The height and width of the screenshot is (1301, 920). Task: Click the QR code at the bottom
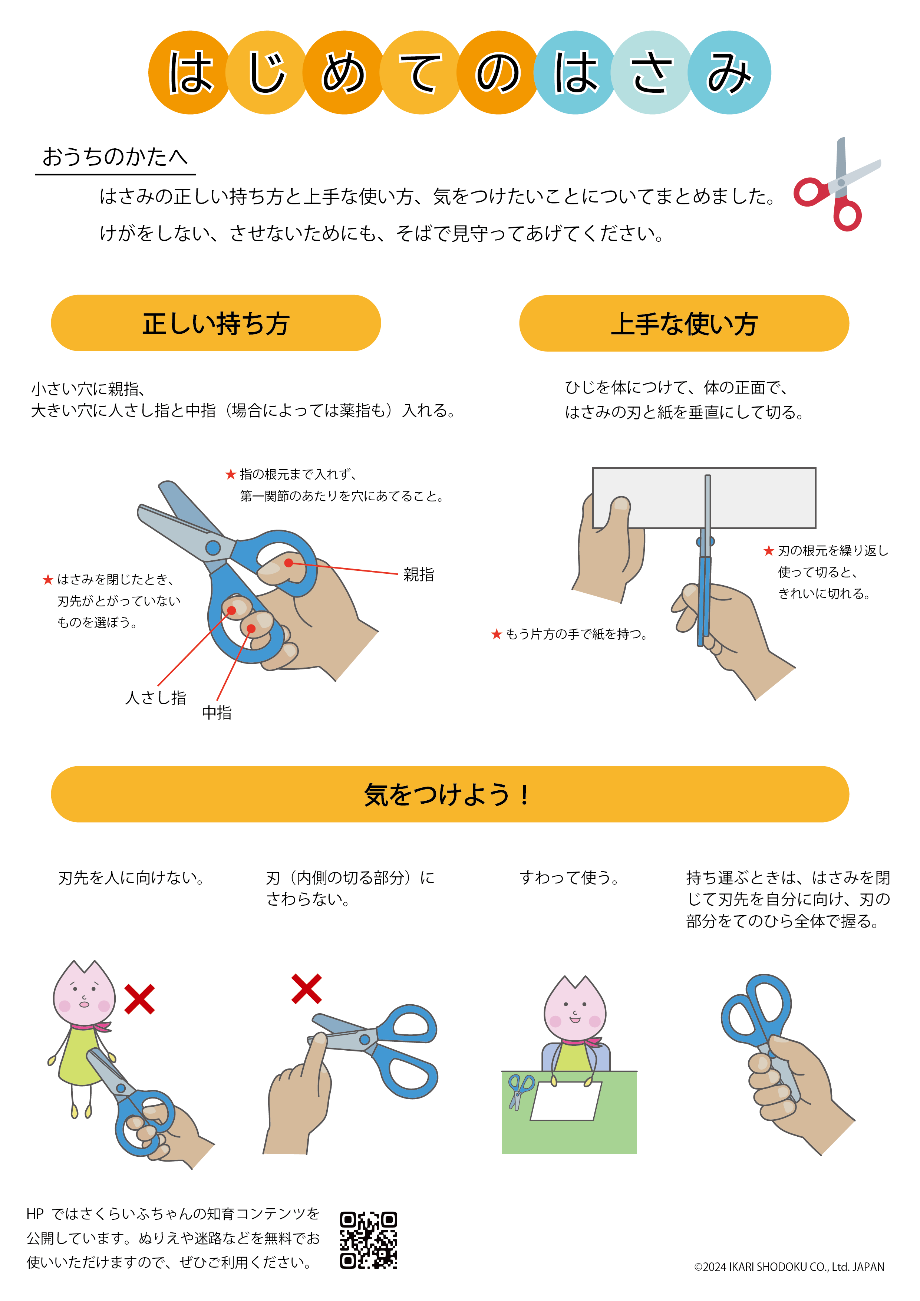pos(368,1240)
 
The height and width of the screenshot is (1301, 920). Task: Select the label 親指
pos(419,574)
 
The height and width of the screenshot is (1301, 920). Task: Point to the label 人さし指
pos(156,698)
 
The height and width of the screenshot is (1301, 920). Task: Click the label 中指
pos(217,713)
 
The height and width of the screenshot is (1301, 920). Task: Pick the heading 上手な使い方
pos(684,324)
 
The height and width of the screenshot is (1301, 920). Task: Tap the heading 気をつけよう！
pos(447,794)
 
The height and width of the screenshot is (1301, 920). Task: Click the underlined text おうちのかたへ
pos(115,157)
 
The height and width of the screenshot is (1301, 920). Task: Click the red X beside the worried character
pos(139,999)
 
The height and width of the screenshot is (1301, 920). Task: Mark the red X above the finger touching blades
pos(306,989)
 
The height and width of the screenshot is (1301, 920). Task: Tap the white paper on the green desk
pos(566,1100)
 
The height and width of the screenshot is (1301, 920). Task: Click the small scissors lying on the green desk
pos(521,1091)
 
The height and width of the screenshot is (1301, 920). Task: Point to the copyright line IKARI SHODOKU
pos(789,1267)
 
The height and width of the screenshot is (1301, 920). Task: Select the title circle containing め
pos(344,73)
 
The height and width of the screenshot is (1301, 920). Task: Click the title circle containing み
pos(729,73)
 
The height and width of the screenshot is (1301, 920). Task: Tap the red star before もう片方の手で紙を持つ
pos(497,634)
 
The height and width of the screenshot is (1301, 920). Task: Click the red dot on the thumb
pos(288,563)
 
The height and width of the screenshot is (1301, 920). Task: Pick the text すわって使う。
pos(570,878)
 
